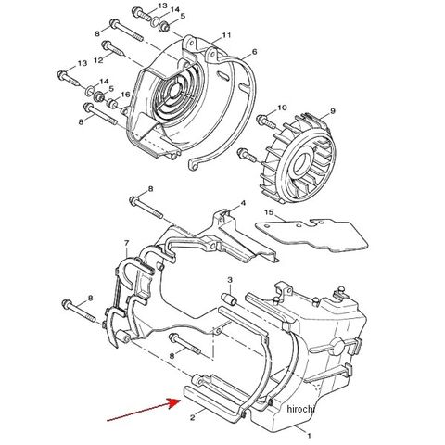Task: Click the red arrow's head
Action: pos(175,403)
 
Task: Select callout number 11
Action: pos(226,35)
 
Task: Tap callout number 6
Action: pos(254,52)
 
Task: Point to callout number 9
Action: pos(333,111)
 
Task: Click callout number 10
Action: pos(283,108)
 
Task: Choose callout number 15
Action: pos(269,212)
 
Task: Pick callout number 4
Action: pos(243,203)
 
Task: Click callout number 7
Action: pos(126,243)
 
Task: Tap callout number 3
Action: pos(230,280)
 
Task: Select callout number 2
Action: pos(193,418)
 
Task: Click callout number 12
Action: pos(98,60)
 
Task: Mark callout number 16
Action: pos(125,95)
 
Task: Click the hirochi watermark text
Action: pos(300,409)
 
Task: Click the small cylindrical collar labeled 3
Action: pos(230,299)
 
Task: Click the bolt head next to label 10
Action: pos(261,120)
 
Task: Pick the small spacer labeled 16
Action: pos(112,104)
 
